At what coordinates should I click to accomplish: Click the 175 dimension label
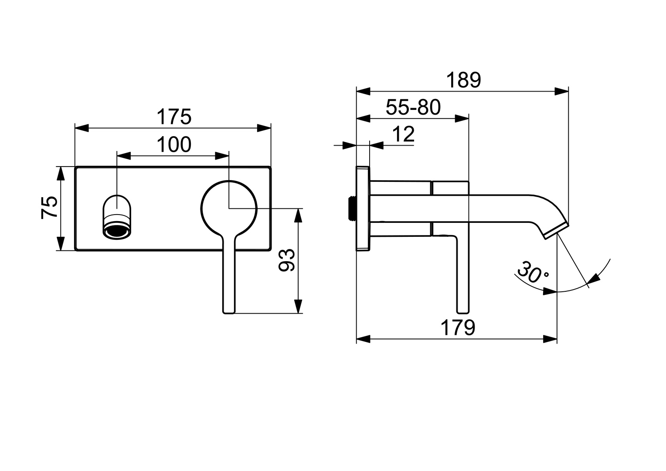click(x=173, y=117)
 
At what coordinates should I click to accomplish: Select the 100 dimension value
click(x=173, y=145)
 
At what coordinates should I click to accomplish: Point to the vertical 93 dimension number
click(x=287, y=261)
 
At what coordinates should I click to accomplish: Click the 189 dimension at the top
click(x=463, y=80)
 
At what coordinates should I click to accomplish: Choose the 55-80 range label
click(x=413, y=107)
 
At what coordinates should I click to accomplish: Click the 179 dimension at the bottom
click(x=457, y=328)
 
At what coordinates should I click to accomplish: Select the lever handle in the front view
click(x=229, y=279)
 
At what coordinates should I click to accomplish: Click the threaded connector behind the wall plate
click(x=350, y=208)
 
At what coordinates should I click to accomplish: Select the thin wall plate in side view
click(x=363, y=208)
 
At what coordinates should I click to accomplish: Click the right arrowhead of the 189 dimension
click(x=563, y=92)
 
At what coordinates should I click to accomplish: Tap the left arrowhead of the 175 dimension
click(x=81, y=128)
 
